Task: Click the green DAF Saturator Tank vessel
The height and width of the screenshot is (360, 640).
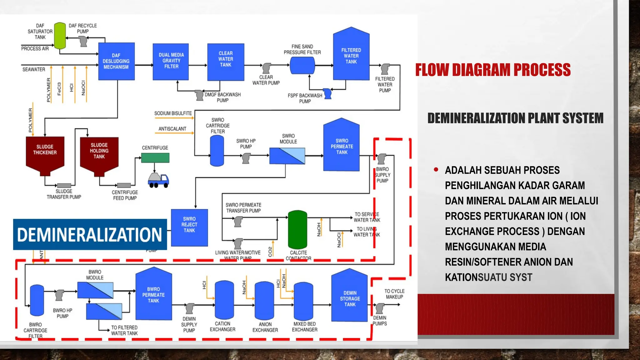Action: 60,36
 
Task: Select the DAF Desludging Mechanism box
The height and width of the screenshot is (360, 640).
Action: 116,61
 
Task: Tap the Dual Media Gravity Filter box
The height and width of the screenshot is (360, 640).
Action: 171,61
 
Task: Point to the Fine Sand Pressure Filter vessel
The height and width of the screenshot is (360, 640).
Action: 302,65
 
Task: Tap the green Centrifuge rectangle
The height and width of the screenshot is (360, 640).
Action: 155,158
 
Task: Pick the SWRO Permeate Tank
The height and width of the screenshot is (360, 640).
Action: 342,146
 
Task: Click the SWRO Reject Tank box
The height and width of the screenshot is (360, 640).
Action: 189,227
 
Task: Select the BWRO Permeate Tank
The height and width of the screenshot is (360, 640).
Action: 153,294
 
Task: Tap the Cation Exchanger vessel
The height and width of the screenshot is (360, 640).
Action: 224,300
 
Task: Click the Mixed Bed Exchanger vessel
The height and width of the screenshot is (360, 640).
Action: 303,301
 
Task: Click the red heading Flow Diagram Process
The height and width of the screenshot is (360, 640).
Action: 493,70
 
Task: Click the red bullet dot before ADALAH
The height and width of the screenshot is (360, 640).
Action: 436,170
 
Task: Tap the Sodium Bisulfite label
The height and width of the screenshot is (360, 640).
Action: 173,113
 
